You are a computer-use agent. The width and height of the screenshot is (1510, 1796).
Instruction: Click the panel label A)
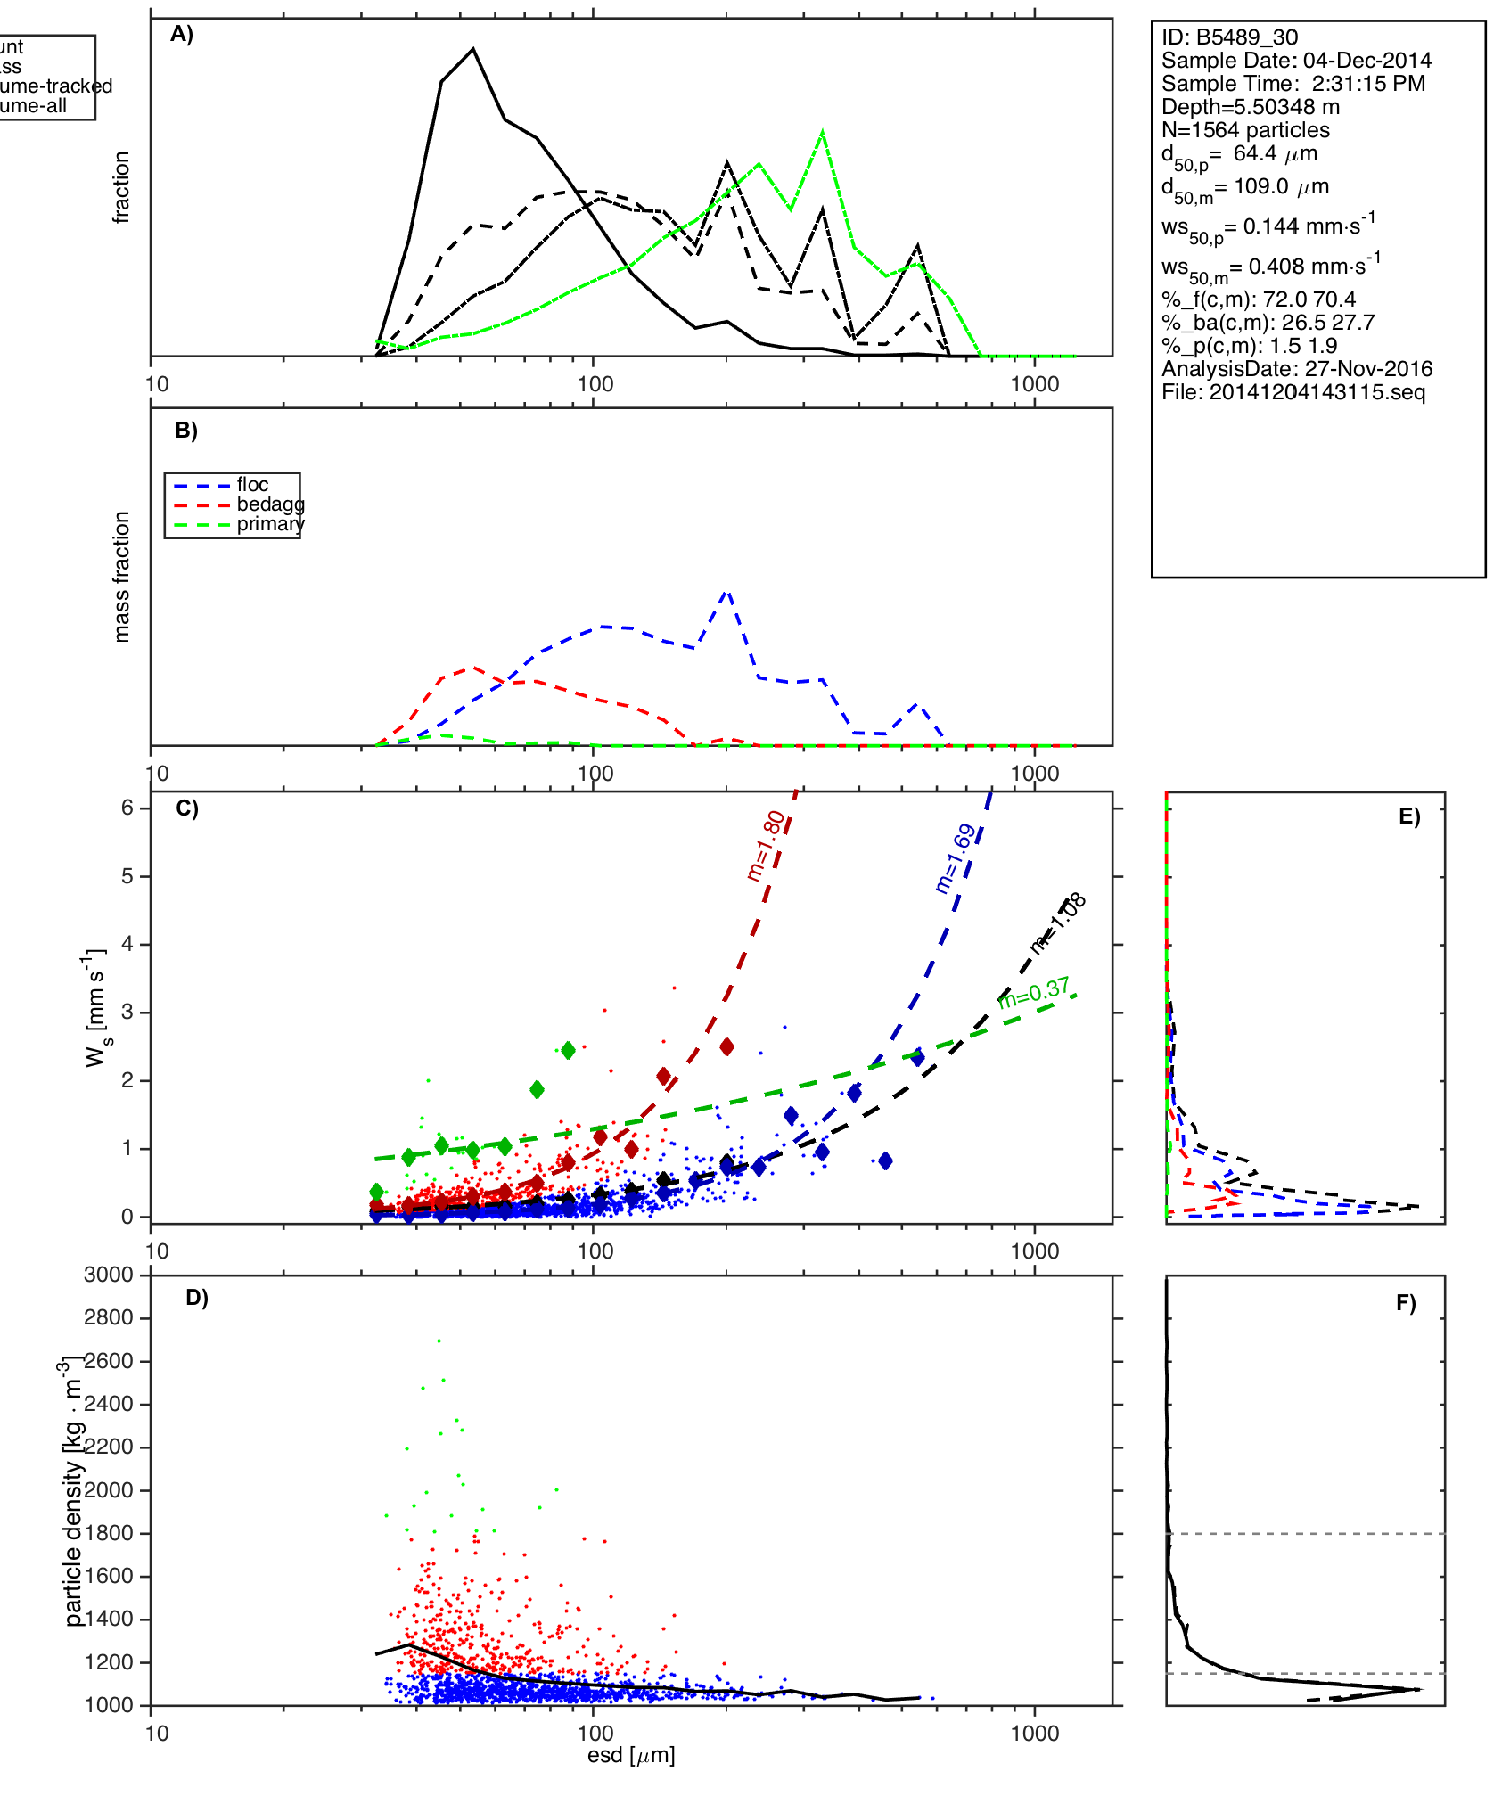(x=182, y=35)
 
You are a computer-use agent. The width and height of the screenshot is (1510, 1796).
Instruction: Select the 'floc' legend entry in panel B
(x=252, y=485)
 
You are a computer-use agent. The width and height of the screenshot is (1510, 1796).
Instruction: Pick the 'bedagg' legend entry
(x=270, y=504)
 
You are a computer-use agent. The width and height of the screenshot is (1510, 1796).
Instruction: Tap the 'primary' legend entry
(x=270, y=524)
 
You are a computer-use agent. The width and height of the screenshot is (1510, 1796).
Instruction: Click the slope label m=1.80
(x=767, y=846)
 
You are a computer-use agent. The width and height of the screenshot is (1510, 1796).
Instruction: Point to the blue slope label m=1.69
(x=956, y=859)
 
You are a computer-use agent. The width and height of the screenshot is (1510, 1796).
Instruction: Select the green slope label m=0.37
(x=1034, y=993)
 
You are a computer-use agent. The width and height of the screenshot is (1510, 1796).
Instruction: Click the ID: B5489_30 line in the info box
(x=1229, y=37)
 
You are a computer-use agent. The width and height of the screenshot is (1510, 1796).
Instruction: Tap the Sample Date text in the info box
(x=1296, y=61)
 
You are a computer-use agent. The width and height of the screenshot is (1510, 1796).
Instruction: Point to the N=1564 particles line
(x=1245, y=130)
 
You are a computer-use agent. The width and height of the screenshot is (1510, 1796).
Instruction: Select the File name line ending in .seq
(x=1293, y=392)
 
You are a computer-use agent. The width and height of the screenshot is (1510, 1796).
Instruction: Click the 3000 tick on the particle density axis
(x=108, y=1275)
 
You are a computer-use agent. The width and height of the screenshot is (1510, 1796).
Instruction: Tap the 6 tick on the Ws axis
(x=127, y=808)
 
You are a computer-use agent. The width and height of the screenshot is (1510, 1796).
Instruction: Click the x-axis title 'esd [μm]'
(x=631, y=1755)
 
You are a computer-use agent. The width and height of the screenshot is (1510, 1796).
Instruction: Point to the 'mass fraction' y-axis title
(x=122, y=577)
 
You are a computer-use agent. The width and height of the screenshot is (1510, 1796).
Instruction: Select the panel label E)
(x=1409, y=817)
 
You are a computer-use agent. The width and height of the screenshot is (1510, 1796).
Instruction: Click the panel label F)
(x=1406, y=1304)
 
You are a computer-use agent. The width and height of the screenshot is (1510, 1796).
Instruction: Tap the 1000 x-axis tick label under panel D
(x=1034, y=1733)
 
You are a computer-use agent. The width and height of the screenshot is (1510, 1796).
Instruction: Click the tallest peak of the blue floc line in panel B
(x=727, y=591)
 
